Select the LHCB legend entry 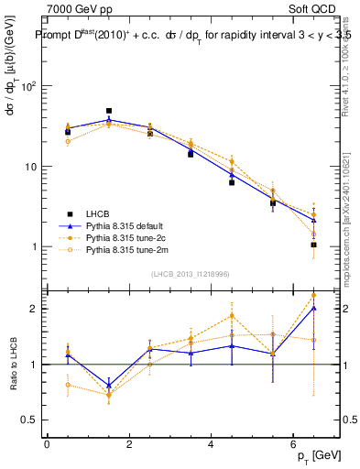point(100,213)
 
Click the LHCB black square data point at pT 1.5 point(109,111)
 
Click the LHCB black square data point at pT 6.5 point(313,245)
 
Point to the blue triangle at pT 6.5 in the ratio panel point(313,309)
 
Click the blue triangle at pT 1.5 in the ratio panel point(109,385)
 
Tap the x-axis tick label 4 point(211,444)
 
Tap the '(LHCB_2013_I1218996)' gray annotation point(190,274)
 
